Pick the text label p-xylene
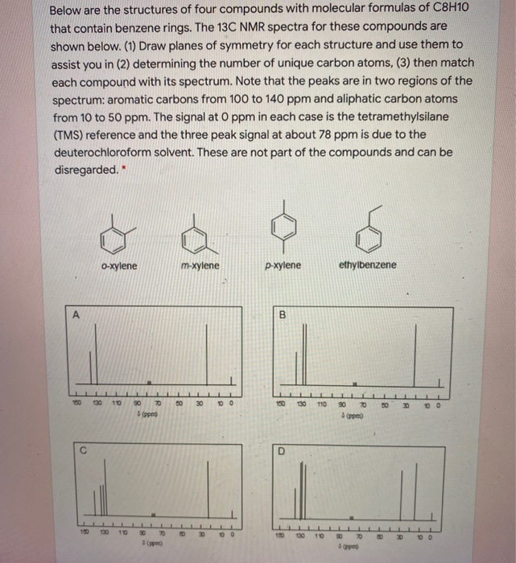pos(282,265)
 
